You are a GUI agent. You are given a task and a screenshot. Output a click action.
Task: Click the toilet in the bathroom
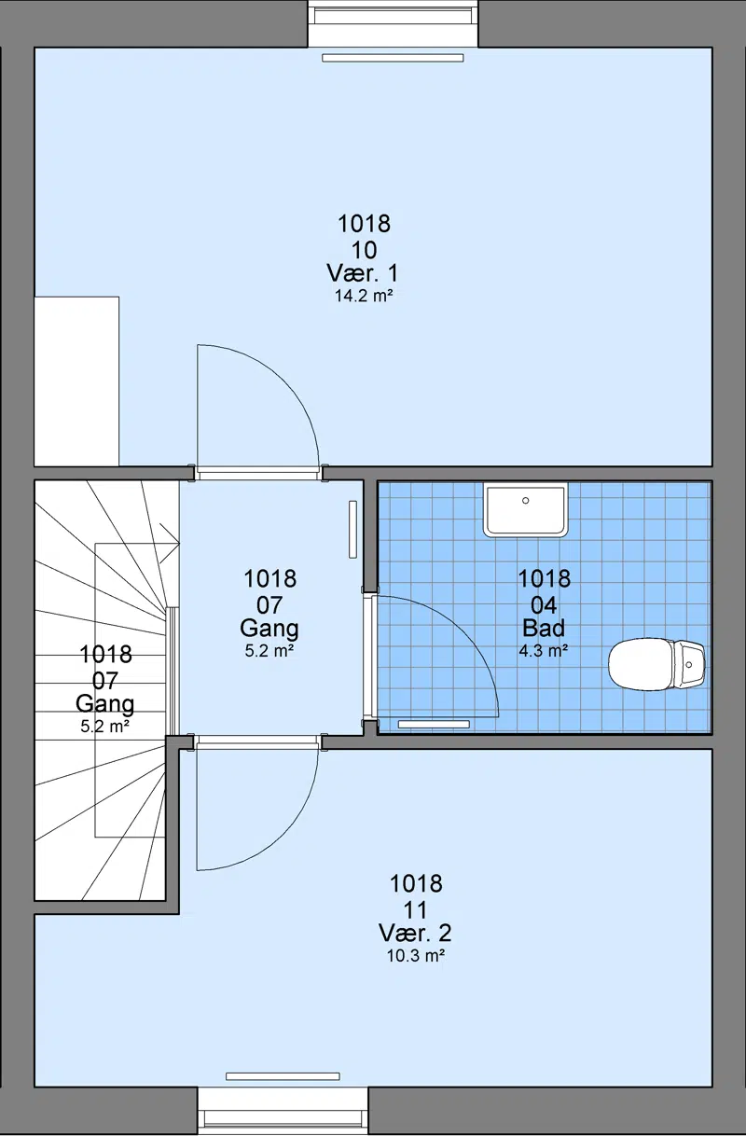tap(656, 664)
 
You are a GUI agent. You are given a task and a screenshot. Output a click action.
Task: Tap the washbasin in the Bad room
tap(525, 509)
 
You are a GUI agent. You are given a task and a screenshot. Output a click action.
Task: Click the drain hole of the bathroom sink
tap(525, 501)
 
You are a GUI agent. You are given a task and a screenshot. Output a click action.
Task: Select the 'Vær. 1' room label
tap(363, 273)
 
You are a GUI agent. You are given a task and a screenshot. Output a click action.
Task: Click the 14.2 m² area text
tap(364, 296)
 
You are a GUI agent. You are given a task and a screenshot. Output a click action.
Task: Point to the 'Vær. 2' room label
tap(415, 932)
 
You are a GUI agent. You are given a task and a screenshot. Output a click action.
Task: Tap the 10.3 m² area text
tap(416, 956)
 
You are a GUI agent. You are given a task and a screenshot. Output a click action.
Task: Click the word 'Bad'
tap(544, 629)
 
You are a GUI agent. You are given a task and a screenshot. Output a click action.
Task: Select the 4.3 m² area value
tap(543, 651)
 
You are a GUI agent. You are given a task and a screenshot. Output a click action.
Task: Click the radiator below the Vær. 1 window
tap(393, 59)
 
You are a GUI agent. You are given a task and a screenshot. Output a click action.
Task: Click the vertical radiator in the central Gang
tap(352, 530)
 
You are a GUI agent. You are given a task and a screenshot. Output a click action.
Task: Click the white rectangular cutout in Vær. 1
tap(76, 381)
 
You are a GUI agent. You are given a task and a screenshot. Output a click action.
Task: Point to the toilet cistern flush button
tap(689, 664)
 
